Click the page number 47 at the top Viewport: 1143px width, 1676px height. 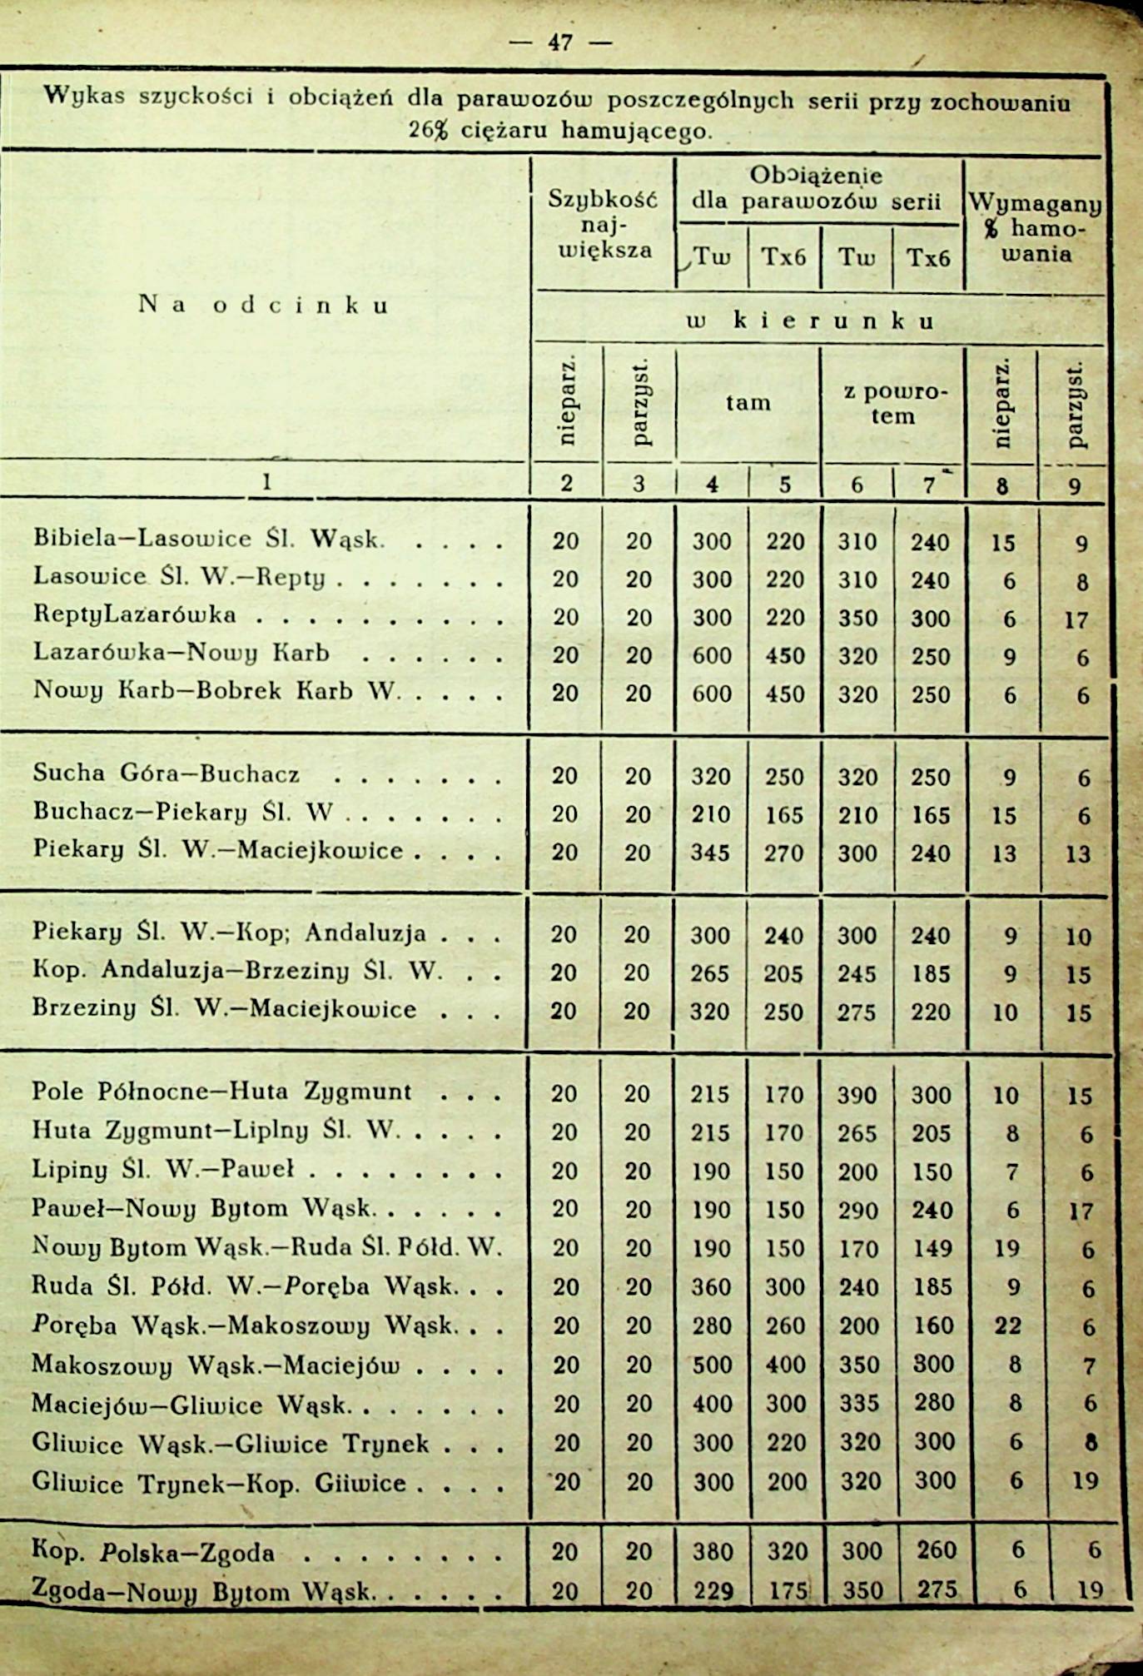coord(560,42)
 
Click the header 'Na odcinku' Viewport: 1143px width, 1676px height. coord(264,305)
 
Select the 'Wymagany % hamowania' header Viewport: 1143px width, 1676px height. coord(1035,228)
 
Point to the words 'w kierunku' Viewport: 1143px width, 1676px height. coord(808,321)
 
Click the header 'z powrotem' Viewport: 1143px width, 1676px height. coord(893,404)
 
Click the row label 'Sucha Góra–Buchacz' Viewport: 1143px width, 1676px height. coord(166,773)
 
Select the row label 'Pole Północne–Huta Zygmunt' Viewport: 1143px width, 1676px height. coord(221,1092)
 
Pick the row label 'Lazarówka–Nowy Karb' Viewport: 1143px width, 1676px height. coord(181,652)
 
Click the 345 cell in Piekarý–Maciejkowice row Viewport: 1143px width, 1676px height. coord(711,853)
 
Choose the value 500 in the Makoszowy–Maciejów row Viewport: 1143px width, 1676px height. coord(712,1365)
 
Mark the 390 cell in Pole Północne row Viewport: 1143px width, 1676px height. coord(857,1095)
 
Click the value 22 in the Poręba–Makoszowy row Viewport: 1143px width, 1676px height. coord(1007,1325)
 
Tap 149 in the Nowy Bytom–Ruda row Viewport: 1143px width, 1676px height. coord(931,1249)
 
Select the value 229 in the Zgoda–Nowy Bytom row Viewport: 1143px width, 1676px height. coord(712,1590)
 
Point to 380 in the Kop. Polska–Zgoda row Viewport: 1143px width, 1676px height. coord(713,1552)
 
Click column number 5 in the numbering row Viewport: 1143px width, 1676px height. coord(784,485)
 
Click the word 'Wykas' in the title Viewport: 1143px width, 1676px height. coord(84,96)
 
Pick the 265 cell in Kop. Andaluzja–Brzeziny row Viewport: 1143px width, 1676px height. coord(710,973)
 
